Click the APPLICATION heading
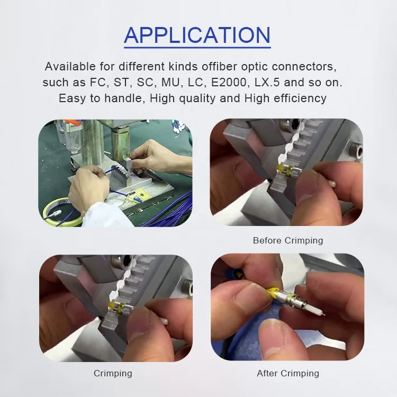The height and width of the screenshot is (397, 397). tap(197, 35)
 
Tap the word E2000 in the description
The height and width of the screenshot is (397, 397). tap(229, 82)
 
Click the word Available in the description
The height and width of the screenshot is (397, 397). tap(70, 67)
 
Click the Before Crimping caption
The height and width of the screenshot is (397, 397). tap(288, 240)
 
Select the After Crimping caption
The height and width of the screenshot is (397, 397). tap(288, 373)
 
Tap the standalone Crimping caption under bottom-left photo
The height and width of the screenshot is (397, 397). tap(113, 373)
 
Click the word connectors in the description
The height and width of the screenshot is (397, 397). tap(304, 67)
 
